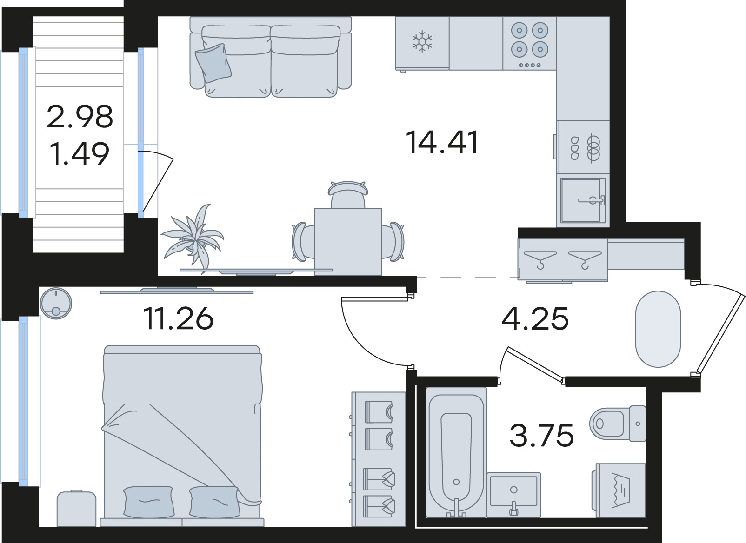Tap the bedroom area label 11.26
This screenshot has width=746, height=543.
(x=178, y=318)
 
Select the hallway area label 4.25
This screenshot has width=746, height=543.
(x=535, y=318)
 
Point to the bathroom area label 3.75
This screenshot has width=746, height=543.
(x=542, y=435)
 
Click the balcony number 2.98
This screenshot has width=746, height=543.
(x=80, y=116)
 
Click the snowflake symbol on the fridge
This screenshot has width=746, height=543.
(x=422, y=42)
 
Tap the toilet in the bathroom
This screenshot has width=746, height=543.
(x=618, y=424)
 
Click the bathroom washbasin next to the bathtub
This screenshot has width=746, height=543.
(x=514, y=494)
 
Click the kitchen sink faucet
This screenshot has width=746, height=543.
(x=592, y=200)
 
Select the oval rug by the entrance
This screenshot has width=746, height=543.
(x=658, y=329)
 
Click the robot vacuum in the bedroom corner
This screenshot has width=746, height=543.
(x=56, y=303)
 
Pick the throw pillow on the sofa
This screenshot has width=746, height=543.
(x=213, y=63)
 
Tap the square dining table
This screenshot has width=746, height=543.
(x=348, y=242)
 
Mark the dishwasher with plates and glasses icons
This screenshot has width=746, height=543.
(x=583, y=147)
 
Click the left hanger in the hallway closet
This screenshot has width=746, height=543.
(x=540, y=258)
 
